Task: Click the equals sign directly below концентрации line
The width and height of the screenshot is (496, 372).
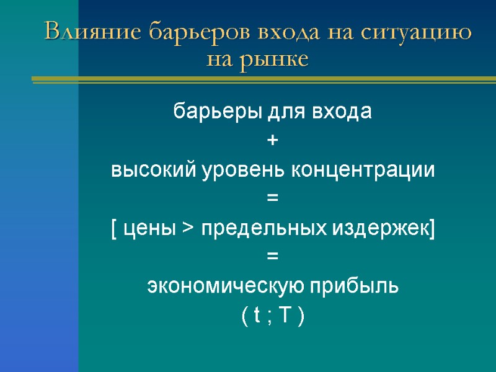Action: pos(273,199)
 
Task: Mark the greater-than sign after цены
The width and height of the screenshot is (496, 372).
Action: pos(187,229)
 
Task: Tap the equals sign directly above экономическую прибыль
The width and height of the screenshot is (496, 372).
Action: pos(273,257)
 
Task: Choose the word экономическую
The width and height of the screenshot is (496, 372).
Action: pos(225,287)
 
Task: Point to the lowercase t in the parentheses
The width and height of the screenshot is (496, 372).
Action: pos(255,316)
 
